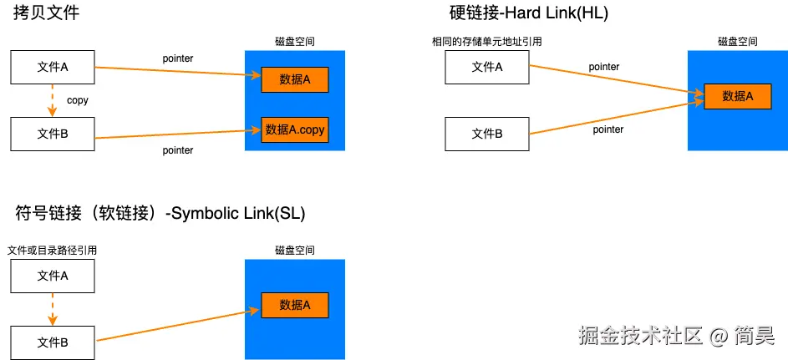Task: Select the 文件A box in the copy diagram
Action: [x=53, y=68]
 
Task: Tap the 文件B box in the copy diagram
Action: [x=53, y=134]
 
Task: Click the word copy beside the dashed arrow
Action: [x=78, y=100]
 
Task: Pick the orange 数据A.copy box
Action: [x=294, y=129]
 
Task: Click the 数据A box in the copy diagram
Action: [x=294, y=79]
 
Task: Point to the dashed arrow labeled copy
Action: [x=53, y=100]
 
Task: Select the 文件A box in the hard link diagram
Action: [x=487, y=67]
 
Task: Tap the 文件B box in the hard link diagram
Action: [x=487, y=134]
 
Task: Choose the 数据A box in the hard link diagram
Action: [x=738, y=97]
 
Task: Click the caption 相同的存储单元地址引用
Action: [x=480, y=42]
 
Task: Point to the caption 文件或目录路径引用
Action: [x=53, y=250]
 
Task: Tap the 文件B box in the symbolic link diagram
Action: [x=53, y=342]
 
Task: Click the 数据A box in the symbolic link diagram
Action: [x=294, y=306]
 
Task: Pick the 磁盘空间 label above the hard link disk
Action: [x=738, y=41]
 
